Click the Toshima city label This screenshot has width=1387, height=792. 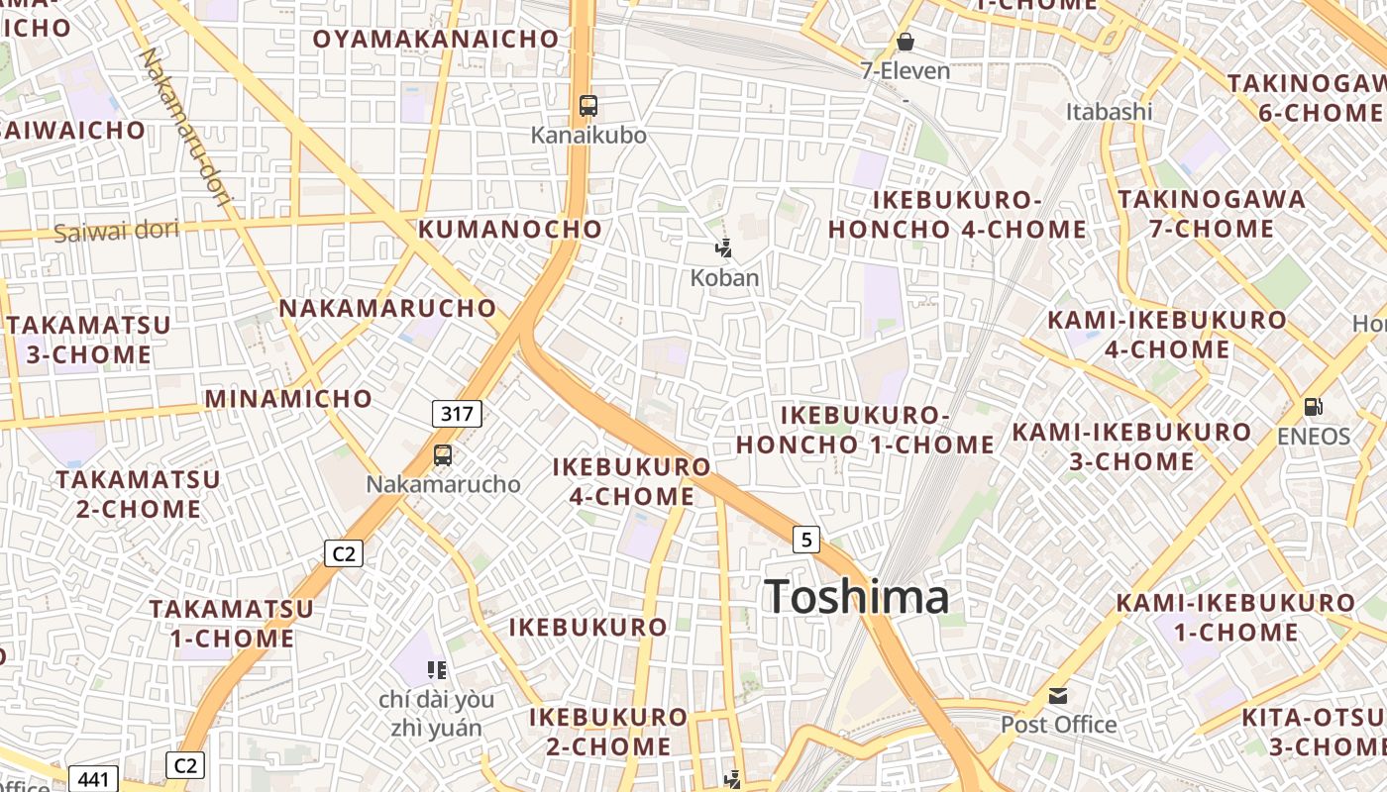[x=857, y=597]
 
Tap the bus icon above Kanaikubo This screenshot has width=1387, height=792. [x=588, y=106]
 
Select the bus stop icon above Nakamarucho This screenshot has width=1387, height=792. [x=443, y=455]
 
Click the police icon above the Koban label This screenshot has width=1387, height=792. [x=724, y=248]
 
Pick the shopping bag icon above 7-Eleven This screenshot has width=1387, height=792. [x=905, y=42]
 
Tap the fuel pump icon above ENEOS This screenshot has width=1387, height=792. [x=1314, y=407]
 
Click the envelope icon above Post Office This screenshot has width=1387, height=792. [x=1058, y=695]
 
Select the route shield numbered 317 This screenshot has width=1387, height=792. [x=457, y=414]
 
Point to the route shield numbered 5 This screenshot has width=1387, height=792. [x=807, y=540]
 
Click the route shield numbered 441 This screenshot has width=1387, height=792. [x=93, y=779]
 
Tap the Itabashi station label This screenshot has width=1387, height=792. [x=1109, y=112]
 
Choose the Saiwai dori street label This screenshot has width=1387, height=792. [x=116, y=232]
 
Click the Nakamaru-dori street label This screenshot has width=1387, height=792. [x=185, y=127]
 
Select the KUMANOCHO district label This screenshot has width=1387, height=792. [x=510, y=229]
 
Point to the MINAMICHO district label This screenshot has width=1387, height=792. [x=288, y=399]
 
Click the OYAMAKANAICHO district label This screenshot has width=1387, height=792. [x=436, y=39]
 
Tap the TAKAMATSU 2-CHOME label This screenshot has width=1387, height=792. [x=138, y=494]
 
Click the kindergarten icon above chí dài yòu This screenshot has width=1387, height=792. [x=437, y=670]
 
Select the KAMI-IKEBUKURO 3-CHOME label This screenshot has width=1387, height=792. [x=1131, y=446]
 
